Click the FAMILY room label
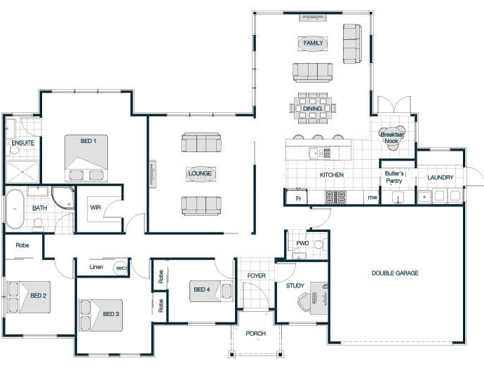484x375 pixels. pyautogui.click(x=313, y=43)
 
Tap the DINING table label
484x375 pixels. pyautogui.click(x=312, y=109)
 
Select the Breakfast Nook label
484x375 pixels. pyautogui.click(x=392, y=137)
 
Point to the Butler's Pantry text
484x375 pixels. pyautogui.click(x=394, y=177)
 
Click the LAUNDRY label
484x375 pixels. pyautogui.click(x=441, y=177)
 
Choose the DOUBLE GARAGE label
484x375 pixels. pyautogui.click(x=395, y=273)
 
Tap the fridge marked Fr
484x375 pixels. pyautogui.click(x=297, y=197)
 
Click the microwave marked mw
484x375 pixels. pyautogui.click(x=372, y=198)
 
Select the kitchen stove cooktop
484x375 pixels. pyautogui.click(x=335, y=197)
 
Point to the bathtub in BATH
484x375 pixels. pyautogui.click(x=15, y=209)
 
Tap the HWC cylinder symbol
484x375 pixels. pyautogui.click(x=121, y=268)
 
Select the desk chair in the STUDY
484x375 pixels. pyautogui.click(x=304, y=301)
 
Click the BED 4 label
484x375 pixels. pyautogui.click(x=202, y=289)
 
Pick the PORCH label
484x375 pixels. pyautogui.click(x=255, y=334)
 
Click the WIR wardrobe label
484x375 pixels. pyautogui.click(x=95, y=207)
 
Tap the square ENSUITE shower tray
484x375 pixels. pyautogui.click(x=22, y=172)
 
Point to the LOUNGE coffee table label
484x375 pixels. pyautogui.click(x=200, y=174)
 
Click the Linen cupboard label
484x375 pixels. pyautogui.click(x=96, y=267)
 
